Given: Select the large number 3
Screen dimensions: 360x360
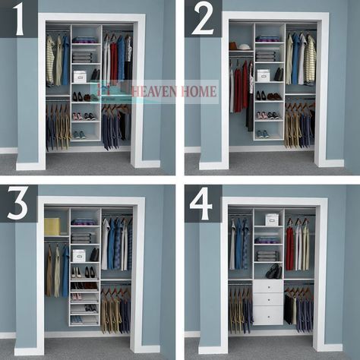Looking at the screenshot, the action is tap(17, 204).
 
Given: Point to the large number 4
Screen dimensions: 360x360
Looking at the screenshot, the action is tap(201, 204).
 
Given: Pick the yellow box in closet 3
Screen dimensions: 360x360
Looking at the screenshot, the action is tap(52, 226).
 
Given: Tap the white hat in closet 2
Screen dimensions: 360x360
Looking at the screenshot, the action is tap(245, 47).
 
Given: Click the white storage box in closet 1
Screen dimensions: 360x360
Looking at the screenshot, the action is tap(80, 77).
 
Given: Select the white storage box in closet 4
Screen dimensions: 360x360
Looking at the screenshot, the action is tap(272, 219).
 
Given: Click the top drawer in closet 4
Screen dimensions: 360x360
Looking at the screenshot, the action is tap(268, 286).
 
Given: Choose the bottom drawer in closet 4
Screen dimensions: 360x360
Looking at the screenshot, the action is tap(268, 315).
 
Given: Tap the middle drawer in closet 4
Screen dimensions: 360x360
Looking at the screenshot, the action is tap(268, 299).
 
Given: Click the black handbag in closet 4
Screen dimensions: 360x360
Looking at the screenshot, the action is tap(274, 271).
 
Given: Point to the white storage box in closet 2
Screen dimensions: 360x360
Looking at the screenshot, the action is tap(264, 75).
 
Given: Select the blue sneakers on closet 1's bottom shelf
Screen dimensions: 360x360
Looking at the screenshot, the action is tap(80, 135).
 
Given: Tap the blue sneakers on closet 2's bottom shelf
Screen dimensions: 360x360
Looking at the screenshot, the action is tap(263, 134).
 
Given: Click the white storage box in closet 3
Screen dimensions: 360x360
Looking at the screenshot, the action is tap(79, 256).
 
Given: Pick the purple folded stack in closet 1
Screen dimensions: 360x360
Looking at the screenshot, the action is tap(85, 40).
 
